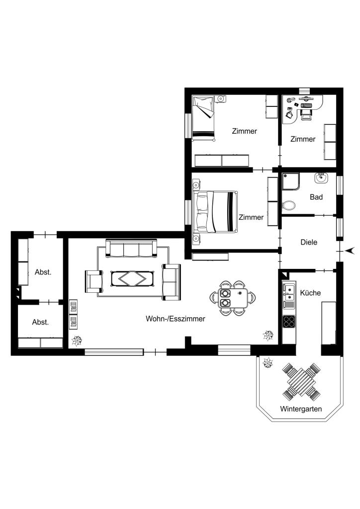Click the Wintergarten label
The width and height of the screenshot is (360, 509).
tap(301, 409)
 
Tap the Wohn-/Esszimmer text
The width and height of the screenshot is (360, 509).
tap(176, 319)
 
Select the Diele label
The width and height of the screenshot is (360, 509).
tap(309, 242)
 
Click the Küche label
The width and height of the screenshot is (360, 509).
tap(310, 293)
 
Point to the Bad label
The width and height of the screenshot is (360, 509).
tap(316, 197)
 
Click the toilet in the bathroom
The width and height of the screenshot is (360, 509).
tap(288, 205)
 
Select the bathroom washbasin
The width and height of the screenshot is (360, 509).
tap(321, 177)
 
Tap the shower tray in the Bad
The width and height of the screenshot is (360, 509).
tap(291, 181)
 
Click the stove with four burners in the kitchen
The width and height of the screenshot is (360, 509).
tap(289, 321)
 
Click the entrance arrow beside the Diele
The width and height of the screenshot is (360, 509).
tap(350, 251)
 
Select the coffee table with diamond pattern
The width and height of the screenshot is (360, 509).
tap(132, 278)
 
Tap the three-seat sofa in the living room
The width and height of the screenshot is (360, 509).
tap(131, 249)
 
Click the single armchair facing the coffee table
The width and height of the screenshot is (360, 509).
tap(94, 281)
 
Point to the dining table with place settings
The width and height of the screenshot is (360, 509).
tap(232, 298)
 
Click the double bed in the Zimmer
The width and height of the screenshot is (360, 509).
tap(215, 212)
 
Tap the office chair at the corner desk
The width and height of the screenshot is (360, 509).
tap(306, 114)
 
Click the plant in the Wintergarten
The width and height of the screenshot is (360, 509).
tap(268, 362)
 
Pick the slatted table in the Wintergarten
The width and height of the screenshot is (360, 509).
tap(301, 382)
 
